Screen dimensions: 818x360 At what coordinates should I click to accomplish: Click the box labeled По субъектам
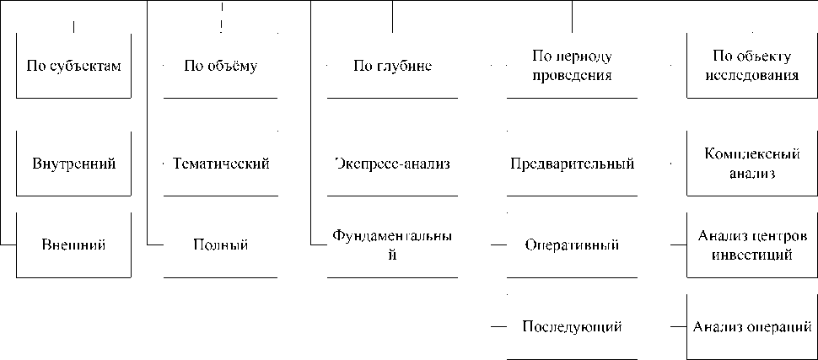pyautogui.click(x=73, y=67)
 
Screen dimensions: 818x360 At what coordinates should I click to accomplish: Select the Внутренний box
pyautogui.click(x=73, y=164)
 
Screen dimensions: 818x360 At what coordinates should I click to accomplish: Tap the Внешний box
pyautogui.click(x=73, y=245)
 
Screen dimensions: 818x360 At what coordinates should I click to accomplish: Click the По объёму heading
pyautogui.click(x=220, y=67)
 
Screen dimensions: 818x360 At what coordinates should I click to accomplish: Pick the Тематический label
pyautogui.click(x=220, y=164)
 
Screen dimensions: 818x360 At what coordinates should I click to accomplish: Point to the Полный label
pyautogui.click(x=220, y=245)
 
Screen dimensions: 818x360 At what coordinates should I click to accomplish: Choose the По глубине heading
pyautogui.click(x=392, y=67)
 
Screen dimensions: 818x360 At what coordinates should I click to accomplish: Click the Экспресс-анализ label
pyautogui.click(x=392, y=164)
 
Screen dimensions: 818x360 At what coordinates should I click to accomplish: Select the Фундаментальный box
pyautogui.click(x=392, y=245)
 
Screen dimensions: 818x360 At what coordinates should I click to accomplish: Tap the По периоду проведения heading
pyautogui.click(x=572, y=66)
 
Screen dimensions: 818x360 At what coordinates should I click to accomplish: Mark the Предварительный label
pyautogui.click(x=572, y=164)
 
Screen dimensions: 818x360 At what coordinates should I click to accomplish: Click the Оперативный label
pyautogui.click(x=572, y=245)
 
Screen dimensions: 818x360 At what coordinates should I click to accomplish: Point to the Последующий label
pyautogui.click(x=572, y=326)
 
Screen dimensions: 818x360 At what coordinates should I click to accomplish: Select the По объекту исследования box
pyautogui.click(x=751, y=66)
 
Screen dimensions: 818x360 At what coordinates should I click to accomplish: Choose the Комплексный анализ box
pyautogui.click(x=751, y=164)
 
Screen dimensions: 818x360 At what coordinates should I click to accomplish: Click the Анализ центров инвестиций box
pyautogui.click(x=751, y=245)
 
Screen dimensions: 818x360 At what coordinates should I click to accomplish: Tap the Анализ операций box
pyautogui.click(x=751, y=326)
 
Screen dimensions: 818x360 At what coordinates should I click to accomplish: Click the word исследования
pyautogui.click(x=751, y=75)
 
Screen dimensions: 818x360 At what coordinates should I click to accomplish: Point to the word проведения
pyautogui.click(x=572, y=75)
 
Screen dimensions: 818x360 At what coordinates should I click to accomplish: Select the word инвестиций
pyautogui.click(x=751, y=254)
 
